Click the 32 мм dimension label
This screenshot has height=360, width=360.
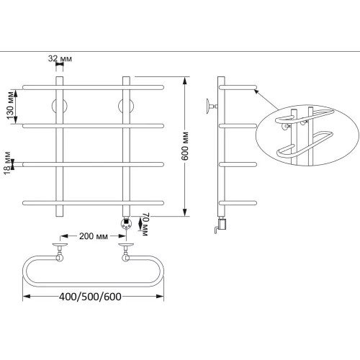(60, 58)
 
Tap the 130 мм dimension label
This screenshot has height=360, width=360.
(11, 105)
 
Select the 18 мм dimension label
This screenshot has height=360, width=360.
(7, 163)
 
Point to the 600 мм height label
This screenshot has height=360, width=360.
(185, 146)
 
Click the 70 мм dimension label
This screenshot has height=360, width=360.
(145, 224)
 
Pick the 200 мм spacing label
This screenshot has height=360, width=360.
(94, 236)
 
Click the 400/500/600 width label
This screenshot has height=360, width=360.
(90, 297)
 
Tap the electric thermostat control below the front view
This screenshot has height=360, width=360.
(126, 224)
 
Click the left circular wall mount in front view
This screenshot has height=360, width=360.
(60, 106)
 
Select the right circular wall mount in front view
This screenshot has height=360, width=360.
(126, 106)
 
